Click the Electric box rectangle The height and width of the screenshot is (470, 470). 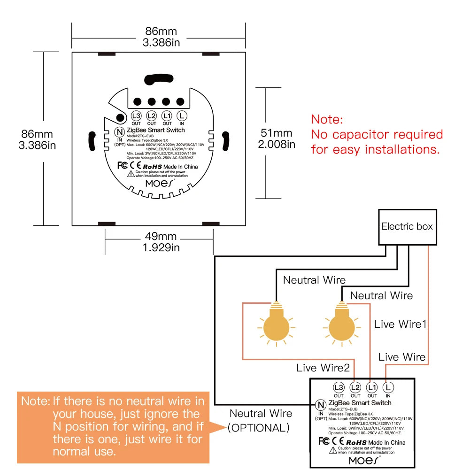pyautogui.click(x=408, y=227)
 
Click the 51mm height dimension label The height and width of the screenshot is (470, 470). pyautogui.click(x=277, y=139)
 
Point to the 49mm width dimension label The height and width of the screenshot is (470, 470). pyautogui.click(x=161, y=241)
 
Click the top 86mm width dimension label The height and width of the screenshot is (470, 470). pyautogui.click(x=161, y=37)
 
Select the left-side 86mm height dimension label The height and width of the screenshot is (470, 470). pyautogui.click(x=37, y=139)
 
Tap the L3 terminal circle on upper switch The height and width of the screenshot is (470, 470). pyautogui.click(x=136, y=116)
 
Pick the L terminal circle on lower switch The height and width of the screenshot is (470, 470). pyautogui.click(x=388, y=387)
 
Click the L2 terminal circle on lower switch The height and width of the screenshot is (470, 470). pyautogui.click(x=355, y=387)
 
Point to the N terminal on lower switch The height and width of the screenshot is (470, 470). pyautogui.click(x=321, y=405)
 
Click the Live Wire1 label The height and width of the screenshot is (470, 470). pyautogui.click(x=400, y=324)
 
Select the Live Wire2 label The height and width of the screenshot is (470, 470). pyautogui.click(x=323, y=368)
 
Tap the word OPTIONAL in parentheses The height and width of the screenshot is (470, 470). pyautogui.click(x=259, y=428)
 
